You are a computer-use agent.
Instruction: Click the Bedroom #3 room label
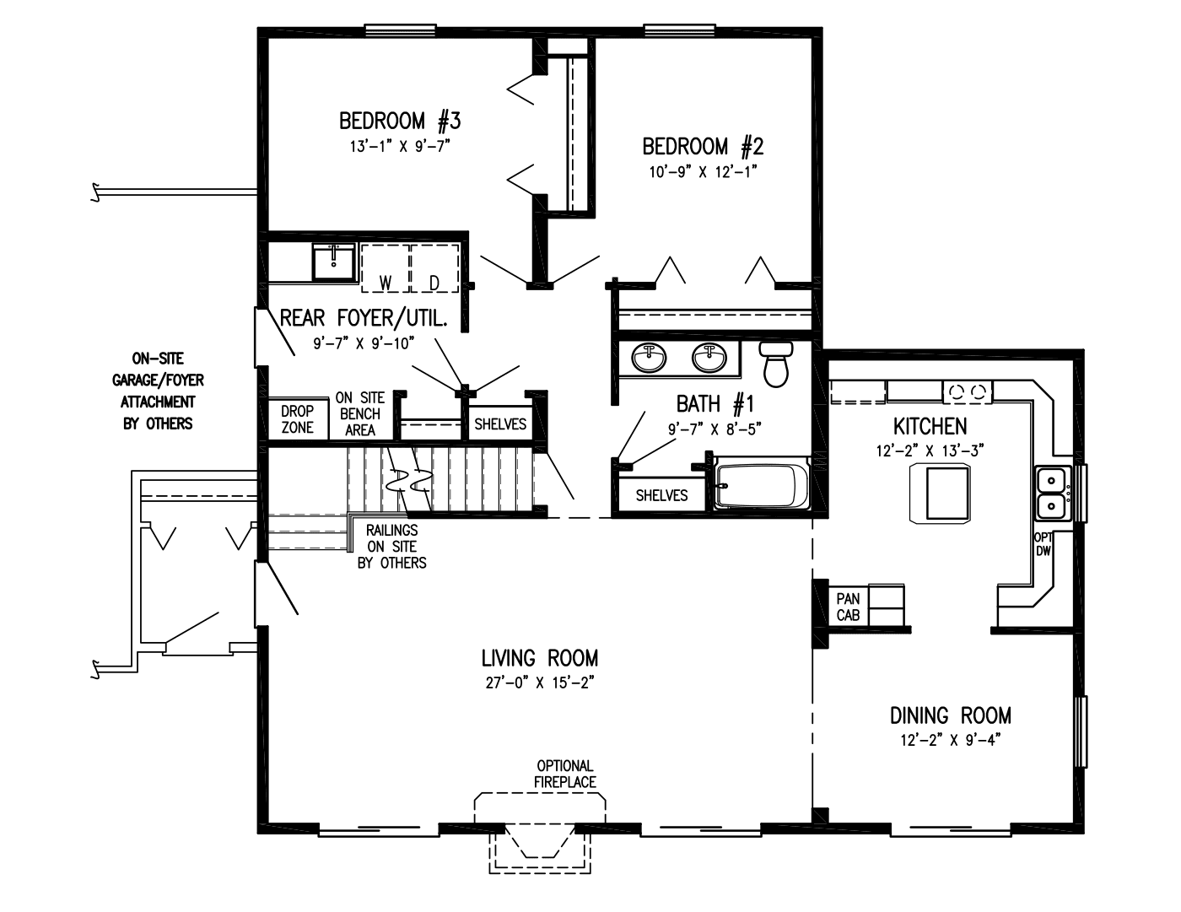pyautogui.click(x=400, y=121)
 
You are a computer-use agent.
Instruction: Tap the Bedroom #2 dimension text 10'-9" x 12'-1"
pyautogui.click(x=703, y=172)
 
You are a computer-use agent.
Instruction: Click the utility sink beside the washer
pyautogui.click(x=335, y=262)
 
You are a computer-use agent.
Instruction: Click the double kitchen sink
pyautogui.click(x=1051, y=494)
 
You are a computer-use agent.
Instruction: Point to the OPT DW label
pyautogui.click(x=1043, y=544)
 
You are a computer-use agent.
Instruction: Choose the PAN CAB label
pyautogui.click(x=848, y=607)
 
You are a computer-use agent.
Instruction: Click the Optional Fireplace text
pyautogui.click(x=564, y=774)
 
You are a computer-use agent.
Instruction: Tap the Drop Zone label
pyautogui.click(x=297, y=419)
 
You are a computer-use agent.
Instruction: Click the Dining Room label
pyautogui.click(x=950, y=716)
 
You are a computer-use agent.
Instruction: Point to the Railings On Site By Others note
pyautogui.click(x=391, y=546)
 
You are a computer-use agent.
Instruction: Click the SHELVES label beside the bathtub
pyautogui.click(x=661, y=495)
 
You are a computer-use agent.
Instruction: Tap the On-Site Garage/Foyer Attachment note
pyautogui.click(x=158, y=391)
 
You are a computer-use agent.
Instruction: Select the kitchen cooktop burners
pyautogui.click(x=968, y=391)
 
